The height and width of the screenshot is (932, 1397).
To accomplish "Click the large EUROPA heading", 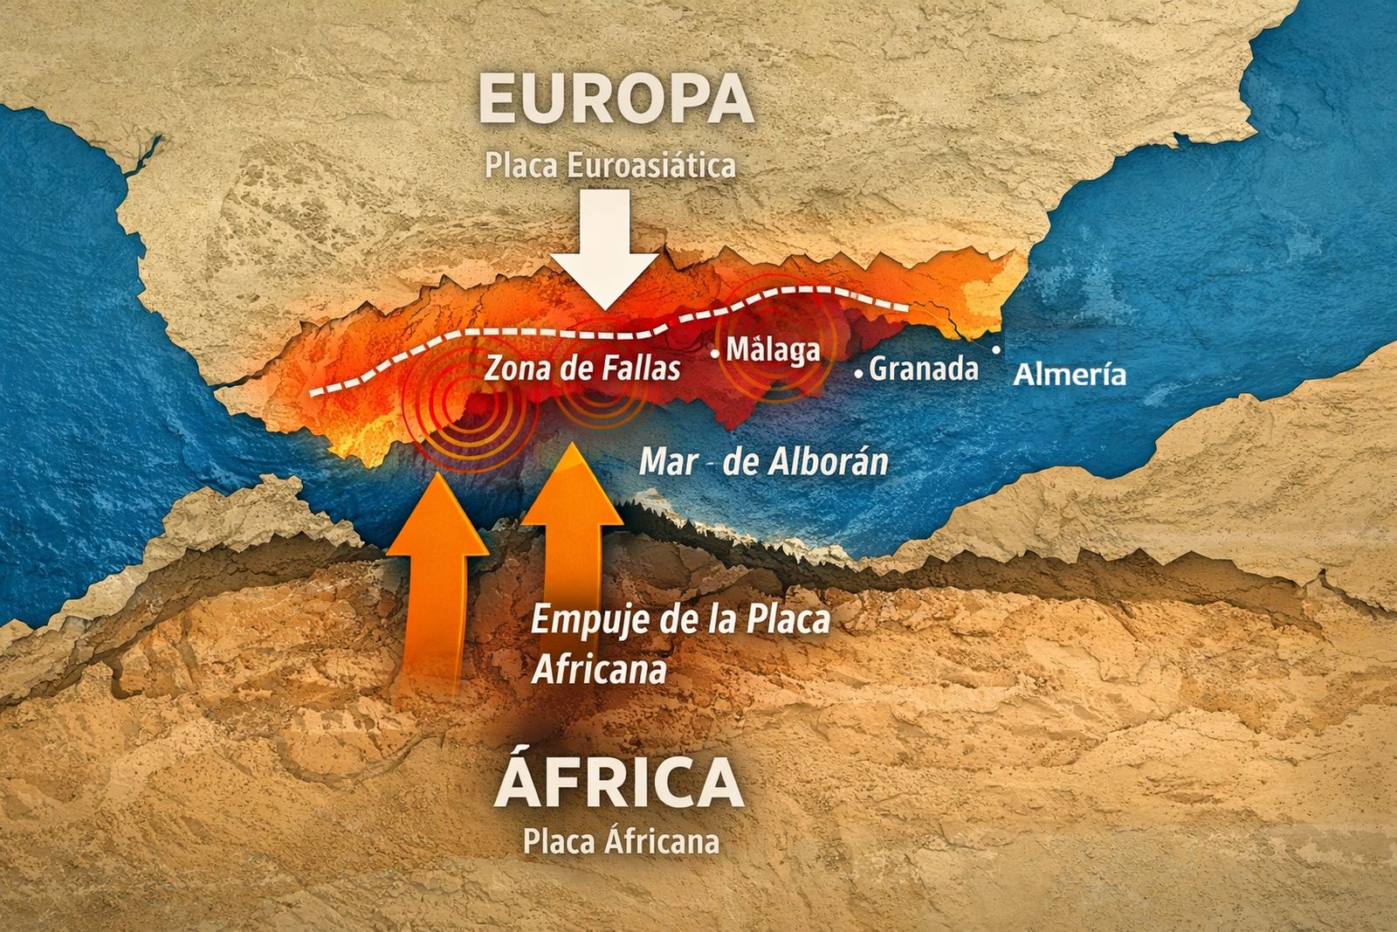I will (x=616, y=99).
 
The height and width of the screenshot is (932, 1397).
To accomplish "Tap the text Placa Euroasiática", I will (x=610, y=165).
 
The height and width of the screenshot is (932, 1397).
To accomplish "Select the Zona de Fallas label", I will (x=582, y=368).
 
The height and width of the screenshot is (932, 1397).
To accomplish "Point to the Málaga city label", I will (x=774, y=350).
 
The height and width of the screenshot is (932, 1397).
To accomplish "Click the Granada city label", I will (x=924, y=369).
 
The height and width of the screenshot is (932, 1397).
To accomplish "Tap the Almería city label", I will (x=1070, y=376).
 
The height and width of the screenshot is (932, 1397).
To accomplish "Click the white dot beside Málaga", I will (x=716, y=354).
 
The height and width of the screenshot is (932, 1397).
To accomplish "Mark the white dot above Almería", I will (x=997, y=349).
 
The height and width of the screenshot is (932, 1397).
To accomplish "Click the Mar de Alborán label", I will (x=763, y=461).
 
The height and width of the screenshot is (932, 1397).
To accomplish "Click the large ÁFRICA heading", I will (x=619, y=784).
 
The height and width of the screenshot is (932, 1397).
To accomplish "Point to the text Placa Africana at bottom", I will (x=621, y=841).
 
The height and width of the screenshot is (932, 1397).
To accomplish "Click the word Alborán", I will (x=825, y=461).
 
